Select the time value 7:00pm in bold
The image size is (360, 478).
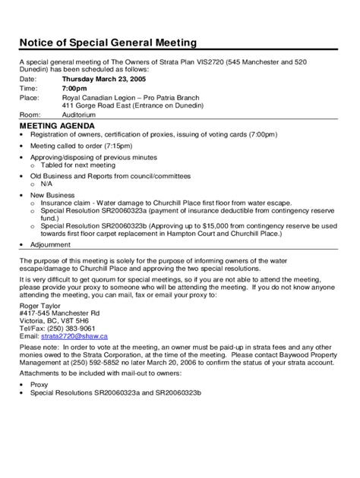click(74, 88)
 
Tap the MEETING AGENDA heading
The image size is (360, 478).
click(57, 124)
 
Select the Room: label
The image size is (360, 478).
click(30, 115)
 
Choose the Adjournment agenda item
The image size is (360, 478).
click(51, 245)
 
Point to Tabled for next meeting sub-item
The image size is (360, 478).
click(79, 165)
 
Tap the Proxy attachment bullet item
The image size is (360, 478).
click(39, 385)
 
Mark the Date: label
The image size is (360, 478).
click(27, 79)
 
